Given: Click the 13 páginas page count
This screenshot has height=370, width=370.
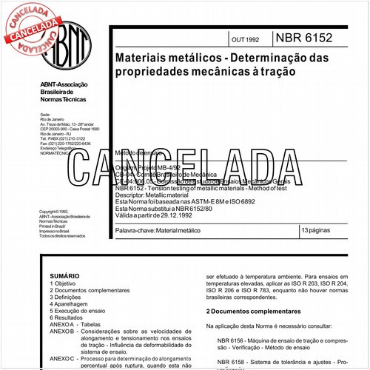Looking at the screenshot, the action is tap(316, 232).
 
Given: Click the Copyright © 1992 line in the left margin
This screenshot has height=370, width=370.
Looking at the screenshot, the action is tap(55, 211).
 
